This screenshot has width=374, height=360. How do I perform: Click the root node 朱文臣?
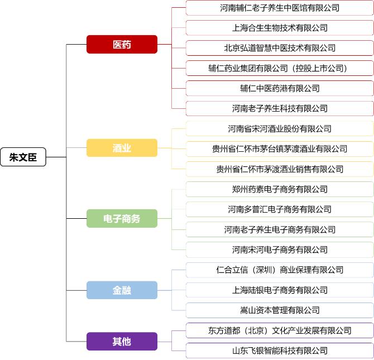pos(23,157)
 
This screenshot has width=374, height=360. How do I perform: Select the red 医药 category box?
pos(122,45)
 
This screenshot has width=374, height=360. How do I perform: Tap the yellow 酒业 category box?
pos(122,148)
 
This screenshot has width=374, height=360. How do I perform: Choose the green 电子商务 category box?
pos(122,219)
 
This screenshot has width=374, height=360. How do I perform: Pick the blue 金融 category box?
pos(122,290)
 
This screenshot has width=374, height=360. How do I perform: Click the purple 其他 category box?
pos(122,341)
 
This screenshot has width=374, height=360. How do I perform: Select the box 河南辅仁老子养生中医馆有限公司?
pos(280,8)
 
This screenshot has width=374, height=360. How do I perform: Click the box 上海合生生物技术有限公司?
pos(280,28)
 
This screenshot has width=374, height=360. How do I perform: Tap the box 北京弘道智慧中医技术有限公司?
pos(280,48)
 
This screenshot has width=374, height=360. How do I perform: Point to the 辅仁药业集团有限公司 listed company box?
pos(280,68)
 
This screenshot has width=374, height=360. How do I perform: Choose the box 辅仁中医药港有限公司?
pos(280,88)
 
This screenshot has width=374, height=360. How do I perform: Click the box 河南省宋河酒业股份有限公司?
pos(280,129)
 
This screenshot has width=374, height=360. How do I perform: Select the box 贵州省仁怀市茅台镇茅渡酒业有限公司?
pos(280,149)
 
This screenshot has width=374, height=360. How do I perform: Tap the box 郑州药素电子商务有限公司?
pos(280,189)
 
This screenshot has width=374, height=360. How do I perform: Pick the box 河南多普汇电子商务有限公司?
pos(280,209)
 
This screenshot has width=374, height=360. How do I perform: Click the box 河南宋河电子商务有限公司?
pos(280,249)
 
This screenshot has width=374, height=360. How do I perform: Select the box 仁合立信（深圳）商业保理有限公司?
pos(280,270)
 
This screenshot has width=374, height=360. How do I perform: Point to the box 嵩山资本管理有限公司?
pos(280,310)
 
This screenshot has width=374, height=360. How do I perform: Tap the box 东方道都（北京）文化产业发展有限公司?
pos(280,330)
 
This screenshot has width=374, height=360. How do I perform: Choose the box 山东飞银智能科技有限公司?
pos(280,351)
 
